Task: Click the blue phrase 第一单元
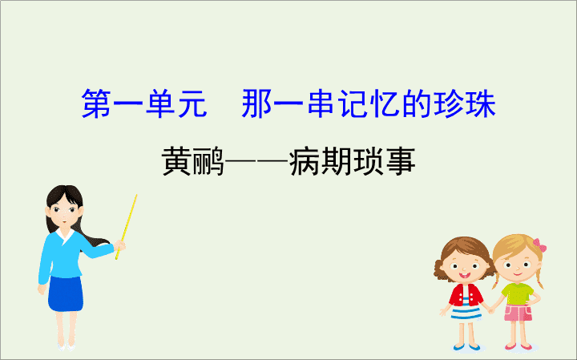tap(144, 103)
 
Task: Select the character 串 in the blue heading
tap(321, 103)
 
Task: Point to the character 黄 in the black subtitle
tap(177, 161)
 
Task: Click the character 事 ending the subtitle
tap(401, 161)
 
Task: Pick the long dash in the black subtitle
tap(256, 161)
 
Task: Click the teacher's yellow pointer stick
tap(127, 226)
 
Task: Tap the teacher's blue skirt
tap(66, 293)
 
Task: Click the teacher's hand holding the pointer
tap(120, 245)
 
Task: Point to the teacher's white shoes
tap(67, 346)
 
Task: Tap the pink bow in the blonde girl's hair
tap(539, 245)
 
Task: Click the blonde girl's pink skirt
tap(518, 313)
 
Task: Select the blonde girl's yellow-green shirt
tap(518, 293)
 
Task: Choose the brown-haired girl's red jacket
tap(466, 295)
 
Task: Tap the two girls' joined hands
tap(491, 310)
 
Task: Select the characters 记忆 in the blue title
tap(369, 103)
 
